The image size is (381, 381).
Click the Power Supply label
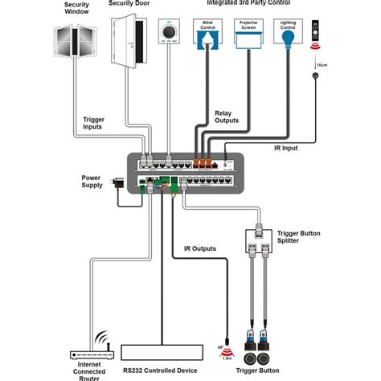pos(93,182)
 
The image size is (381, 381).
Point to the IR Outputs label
pos(199,249)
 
